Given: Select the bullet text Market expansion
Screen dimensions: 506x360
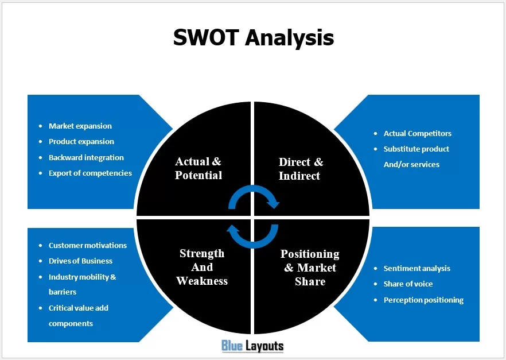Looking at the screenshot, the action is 80,126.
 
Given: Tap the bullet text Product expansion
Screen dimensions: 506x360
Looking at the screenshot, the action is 81,141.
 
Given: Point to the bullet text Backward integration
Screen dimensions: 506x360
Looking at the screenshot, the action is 86,157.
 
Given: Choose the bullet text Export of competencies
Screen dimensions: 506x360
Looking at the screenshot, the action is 91,173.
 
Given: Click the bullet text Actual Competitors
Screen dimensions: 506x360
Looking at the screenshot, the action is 417,133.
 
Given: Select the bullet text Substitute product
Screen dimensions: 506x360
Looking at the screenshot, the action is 417,149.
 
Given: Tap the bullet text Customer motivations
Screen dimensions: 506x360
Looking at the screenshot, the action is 88,245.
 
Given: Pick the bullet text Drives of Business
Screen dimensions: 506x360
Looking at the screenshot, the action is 81,261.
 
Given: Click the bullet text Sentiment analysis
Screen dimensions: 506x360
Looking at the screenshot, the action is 417,268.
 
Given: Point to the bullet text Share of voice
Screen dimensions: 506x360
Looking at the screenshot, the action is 408,284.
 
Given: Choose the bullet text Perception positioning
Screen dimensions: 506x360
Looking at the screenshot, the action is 423,300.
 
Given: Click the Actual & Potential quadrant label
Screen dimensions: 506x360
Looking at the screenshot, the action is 198,168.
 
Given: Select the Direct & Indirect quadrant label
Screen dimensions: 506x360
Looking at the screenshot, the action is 301,169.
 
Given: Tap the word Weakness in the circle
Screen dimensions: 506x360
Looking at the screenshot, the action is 202,281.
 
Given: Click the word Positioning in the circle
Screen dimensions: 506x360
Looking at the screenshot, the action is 310,254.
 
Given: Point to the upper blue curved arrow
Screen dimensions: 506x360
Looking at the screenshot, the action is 254,188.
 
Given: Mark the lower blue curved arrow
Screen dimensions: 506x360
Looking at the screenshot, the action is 253,245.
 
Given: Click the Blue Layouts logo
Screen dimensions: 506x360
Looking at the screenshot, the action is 252,346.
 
